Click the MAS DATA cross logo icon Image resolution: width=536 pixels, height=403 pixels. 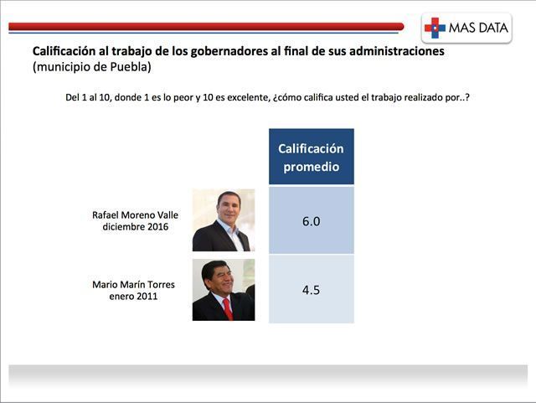click(x=435, y=28)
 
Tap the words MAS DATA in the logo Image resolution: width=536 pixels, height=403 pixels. click(x=478, y=28)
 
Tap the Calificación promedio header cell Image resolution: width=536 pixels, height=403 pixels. click(x=312, y=157)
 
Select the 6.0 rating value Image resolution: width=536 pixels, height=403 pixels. click(x=311, y=221)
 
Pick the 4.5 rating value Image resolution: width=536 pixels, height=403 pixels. click(x=311, y=290)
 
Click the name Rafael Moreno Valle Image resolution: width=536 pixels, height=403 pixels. click(x=135, y=214)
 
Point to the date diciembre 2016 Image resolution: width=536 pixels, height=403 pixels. click(x=136, y=226)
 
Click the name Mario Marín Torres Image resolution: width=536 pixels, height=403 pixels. click(x=133, y=284)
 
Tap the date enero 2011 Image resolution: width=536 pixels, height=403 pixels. click(x=133, y=296)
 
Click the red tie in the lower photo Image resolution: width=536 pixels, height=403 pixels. click(x=229, y=309)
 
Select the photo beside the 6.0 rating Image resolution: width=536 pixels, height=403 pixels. click(x=224, y=220)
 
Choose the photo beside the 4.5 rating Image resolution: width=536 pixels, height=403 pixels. click(x=224, y=290)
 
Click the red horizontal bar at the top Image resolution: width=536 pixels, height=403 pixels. click(x=206, y=26)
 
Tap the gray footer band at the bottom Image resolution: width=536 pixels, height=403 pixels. click(x=268, y=375)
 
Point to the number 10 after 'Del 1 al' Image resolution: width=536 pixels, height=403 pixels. click(x=104, y=97)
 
